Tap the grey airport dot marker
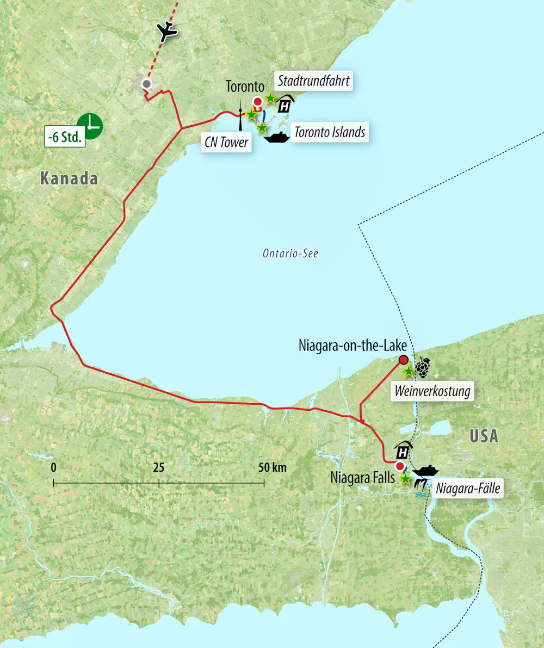tap(146, 84)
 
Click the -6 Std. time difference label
tap(65, 137)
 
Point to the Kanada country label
tap(69, 178)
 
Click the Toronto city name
tap(245, 87)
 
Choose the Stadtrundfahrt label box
tap(314, 82)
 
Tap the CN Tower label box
tap(226, 143)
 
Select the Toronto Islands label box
tap(330, 132)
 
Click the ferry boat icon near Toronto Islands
tap(276, 137)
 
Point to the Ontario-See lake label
tap(290, 253)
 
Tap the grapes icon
tap(423, 368)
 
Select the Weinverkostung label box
tap(432, 391)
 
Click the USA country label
tap(484, 436)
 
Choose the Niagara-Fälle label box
tap(468, 488)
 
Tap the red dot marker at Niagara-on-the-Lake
tap(403, 359)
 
